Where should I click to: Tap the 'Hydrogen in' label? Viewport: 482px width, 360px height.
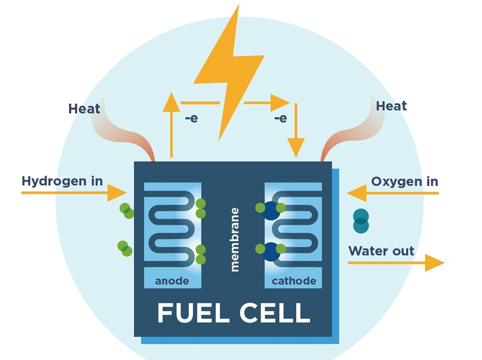(62, 180)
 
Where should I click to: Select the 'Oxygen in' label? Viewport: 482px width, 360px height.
(405, 181)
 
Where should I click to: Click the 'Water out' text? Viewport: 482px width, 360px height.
(381, 250)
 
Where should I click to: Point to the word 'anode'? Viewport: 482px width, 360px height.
(172, 280)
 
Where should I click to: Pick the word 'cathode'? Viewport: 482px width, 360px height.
(294, 280)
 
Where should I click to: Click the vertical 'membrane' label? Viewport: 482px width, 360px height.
(235, 239)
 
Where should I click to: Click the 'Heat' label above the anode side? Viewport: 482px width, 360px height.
(84, 108)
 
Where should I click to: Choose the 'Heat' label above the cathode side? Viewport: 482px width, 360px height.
(391, 106)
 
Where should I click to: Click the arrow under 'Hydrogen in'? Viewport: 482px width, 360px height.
(75, 192)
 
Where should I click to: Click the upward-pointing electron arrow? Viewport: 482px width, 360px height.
(171, 125)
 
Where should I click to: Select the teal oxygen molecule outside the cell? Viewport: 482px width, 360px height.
(361, 221)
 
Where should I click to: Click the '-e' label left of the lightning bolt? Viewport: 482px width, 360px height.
(191, 119)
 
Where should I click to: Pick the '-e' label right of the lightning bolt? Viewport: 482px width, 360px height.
(280, 118)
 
